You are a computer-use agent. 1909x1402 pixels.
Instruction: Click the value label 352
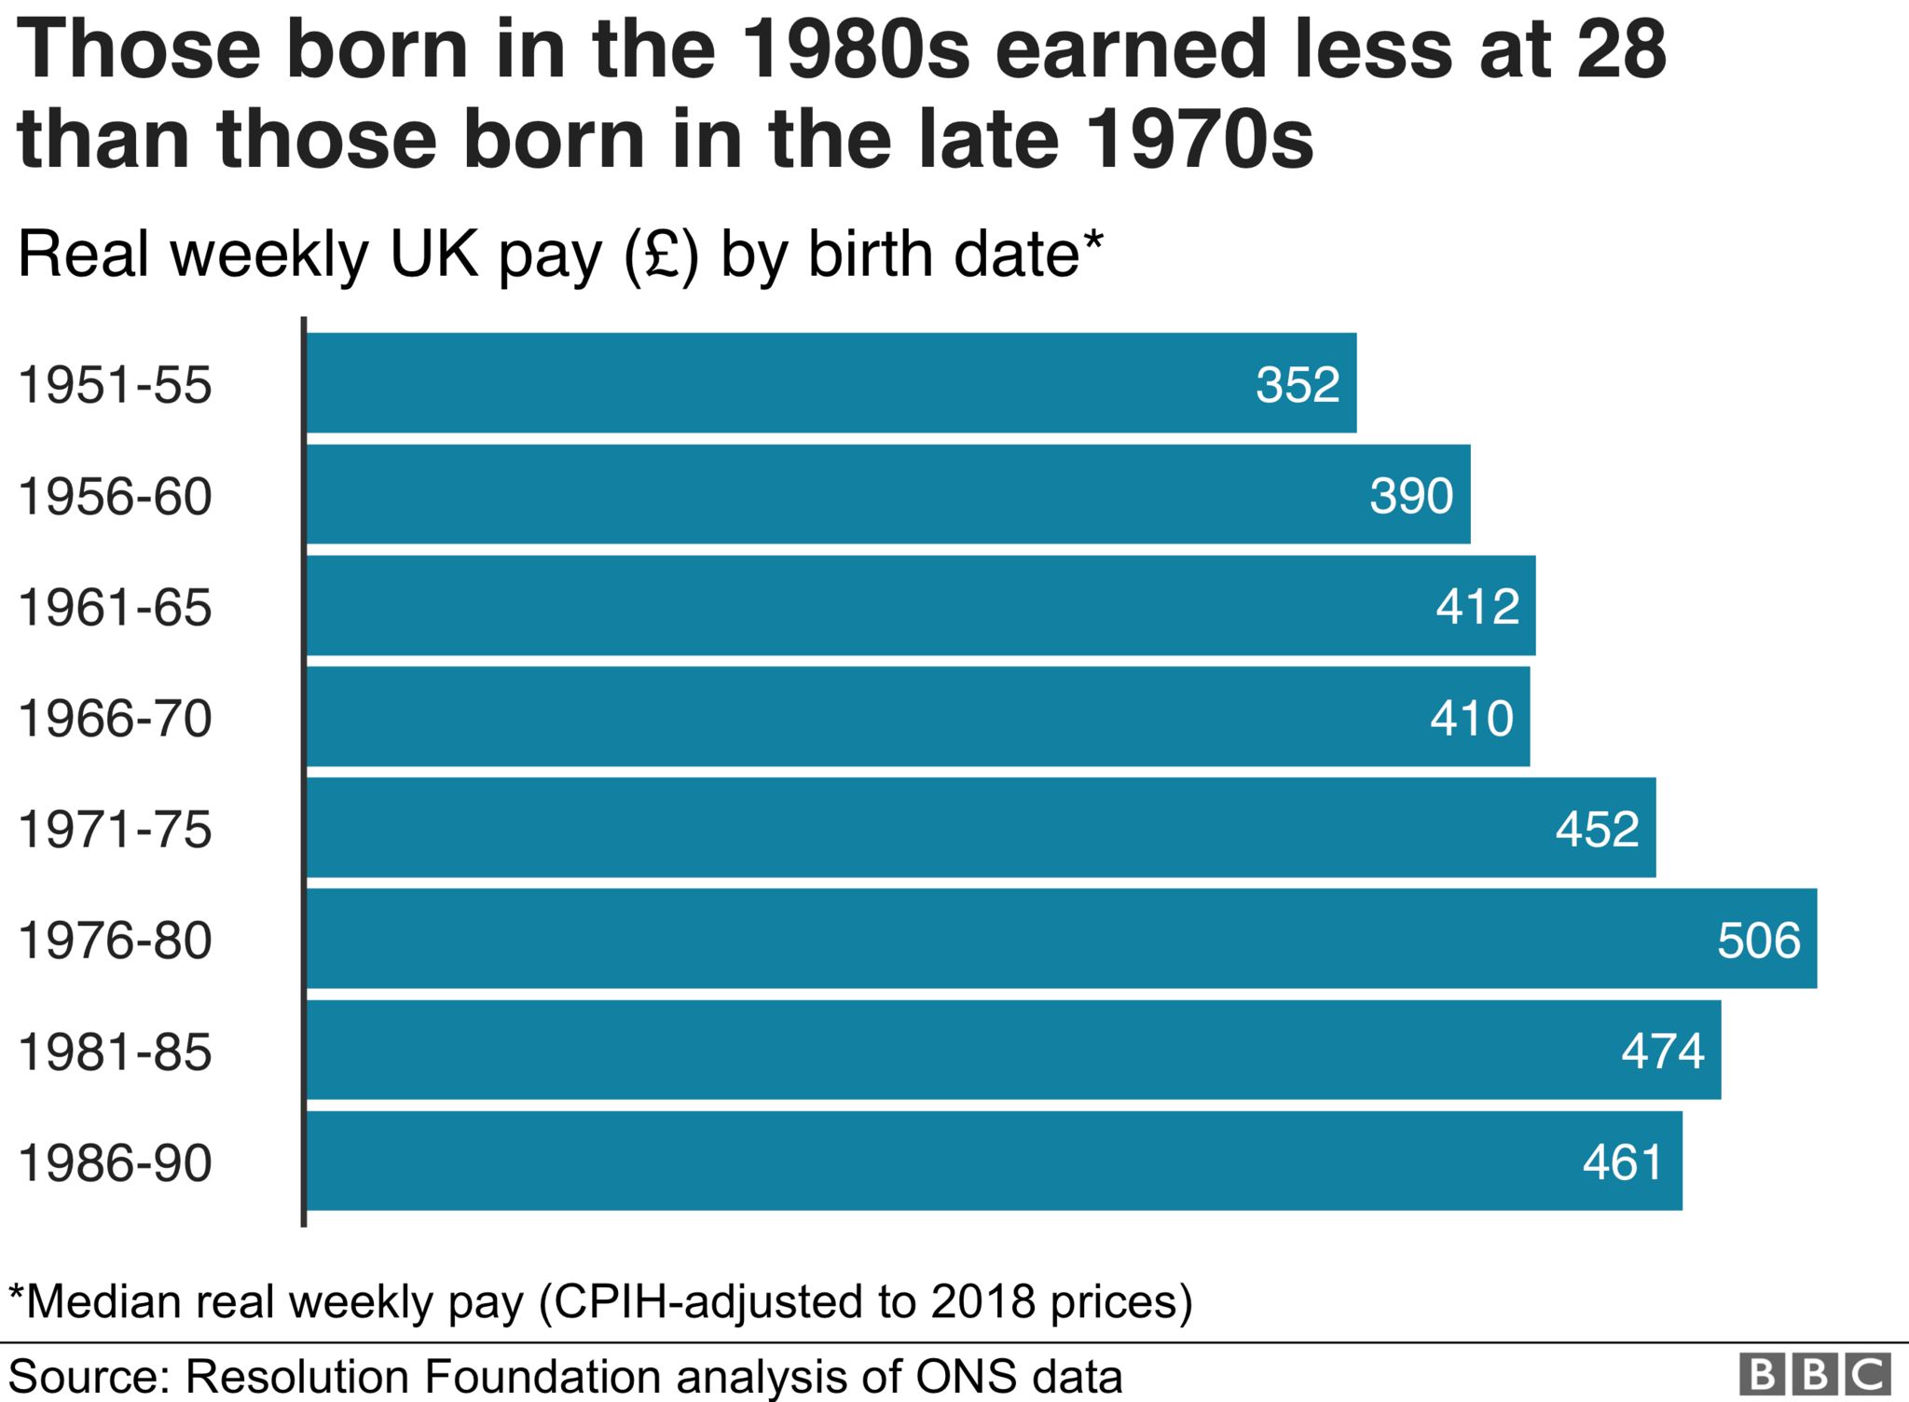click(1297, 384)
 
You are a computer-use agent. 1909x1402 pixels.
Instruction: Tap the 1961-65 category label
click(115, 608)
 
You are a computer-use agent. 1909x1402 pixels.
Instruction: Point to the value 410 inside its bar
click(1471, 718)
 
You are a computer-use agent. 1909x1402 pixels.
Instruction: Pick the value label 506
click(1758, 940)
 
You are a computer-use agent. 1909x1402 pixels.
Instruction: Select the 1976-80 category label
click(115, 941)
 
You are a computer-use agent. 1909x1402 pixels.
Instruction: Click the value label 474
click(1662, 1051)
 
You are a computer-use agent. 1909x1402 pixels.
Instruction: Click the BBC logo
click(1814, 1375)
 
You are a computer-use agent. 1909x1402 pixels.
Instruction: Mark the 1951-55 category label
click(115, 385)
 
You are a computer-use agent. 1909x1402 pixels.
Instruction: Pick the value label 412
click(1477, 607)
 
